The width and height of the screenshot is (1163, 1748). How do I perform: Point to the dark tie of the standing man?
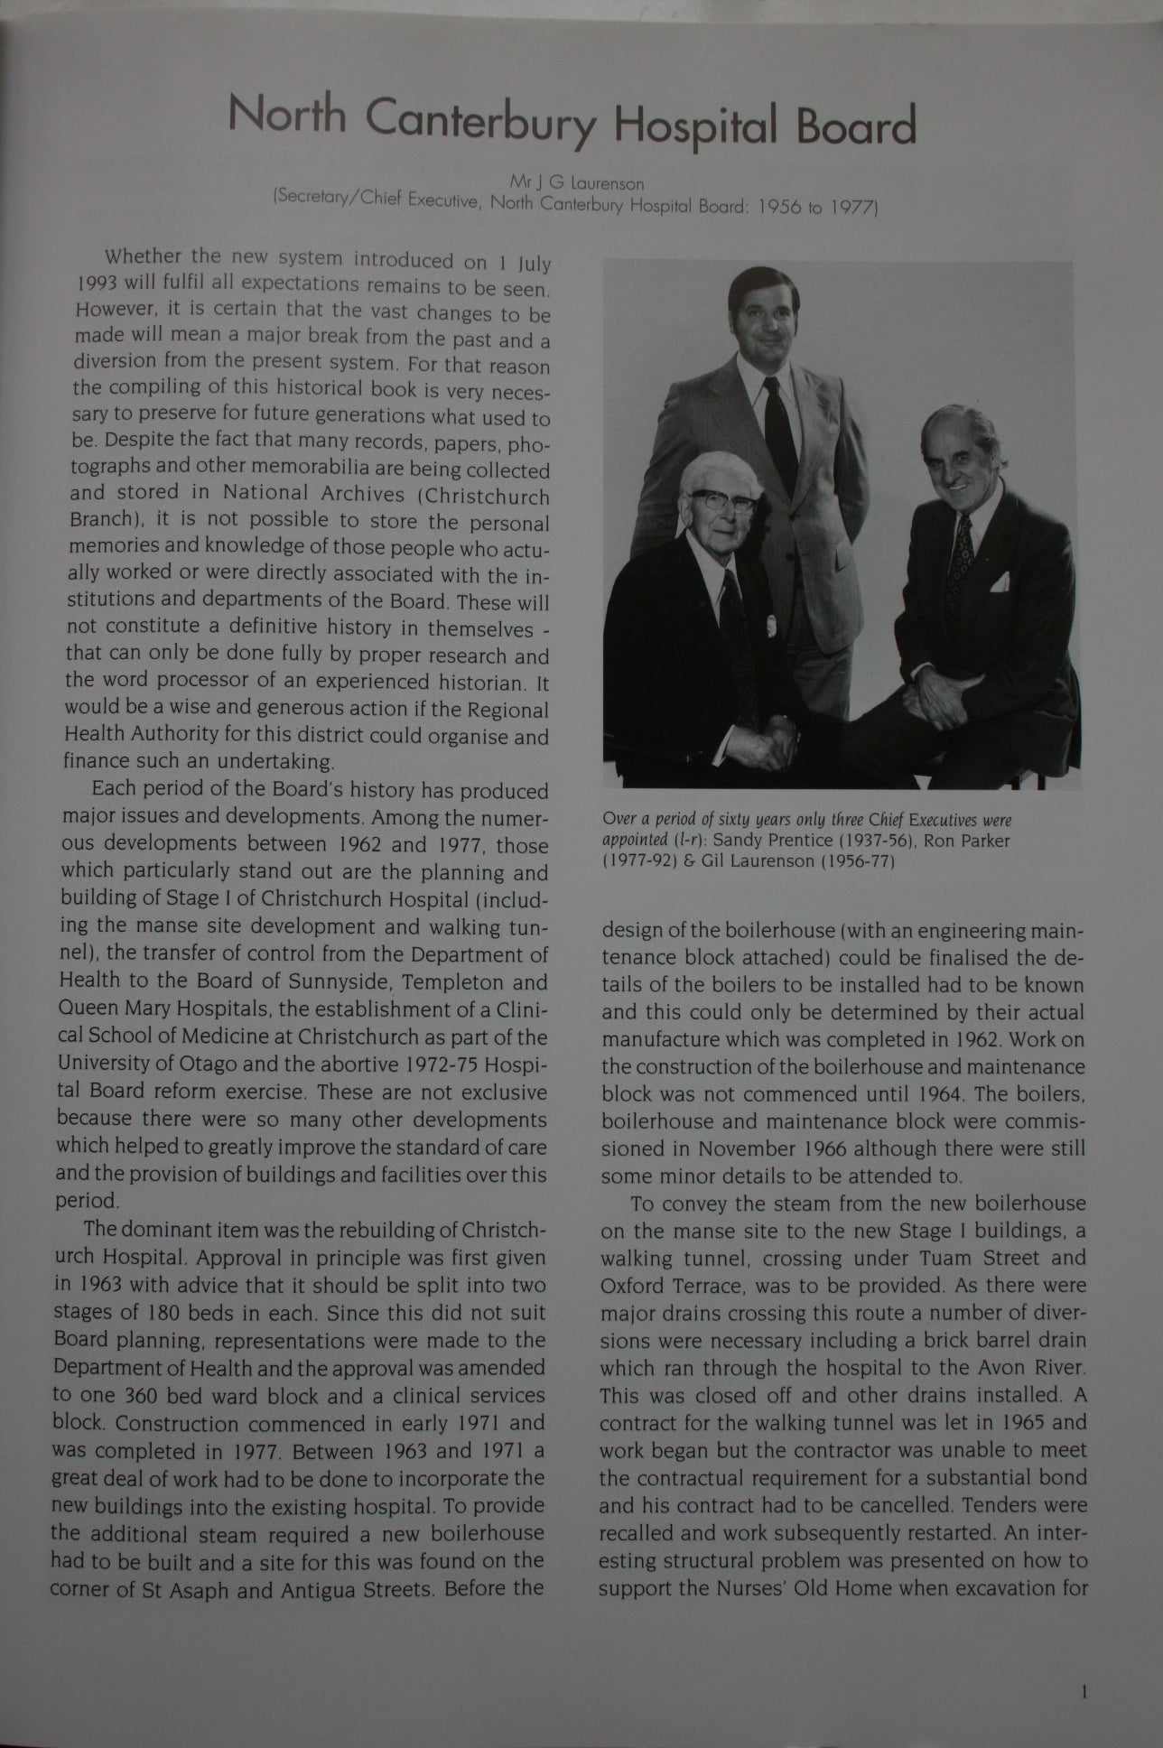[779, 425]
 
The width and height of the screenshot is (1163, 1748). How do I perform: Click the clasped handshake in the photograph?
[776, 744]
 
